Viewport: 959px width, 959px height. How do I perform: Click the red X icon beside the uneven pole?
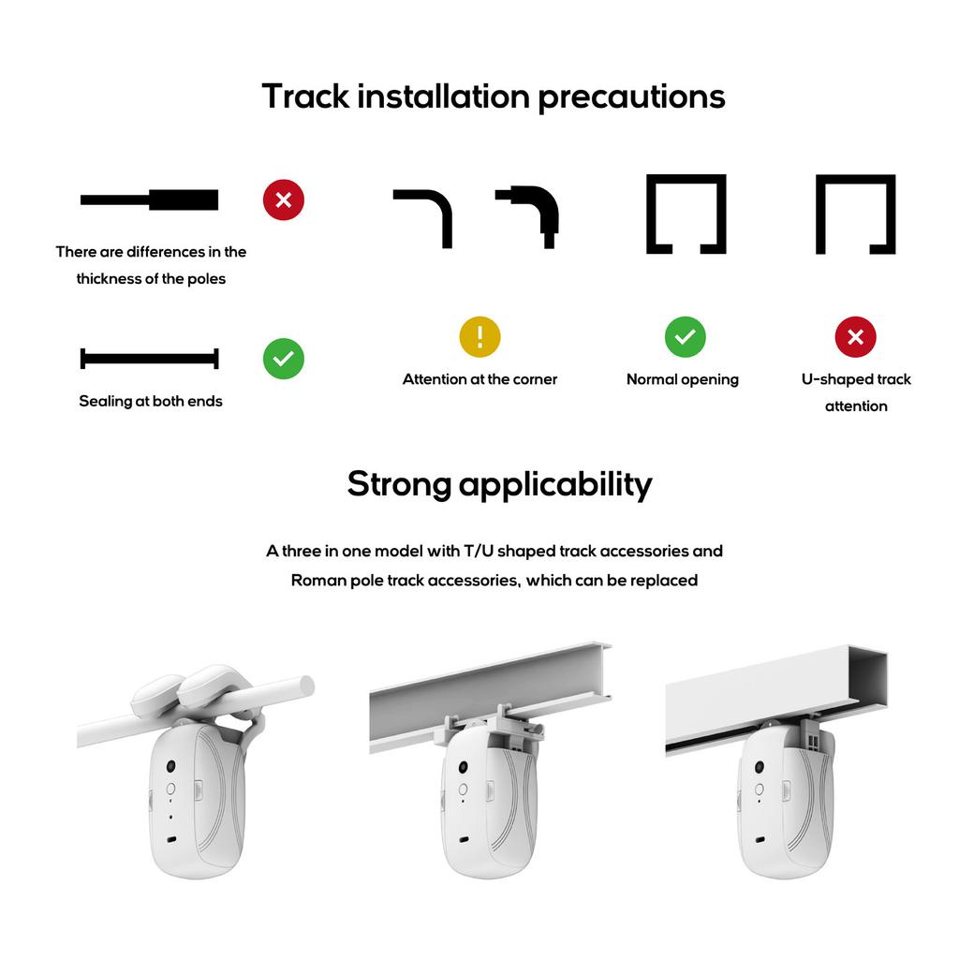tap(284, 199)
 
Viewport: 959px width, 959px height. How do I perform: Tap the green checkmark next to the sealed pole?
tap(284, 358)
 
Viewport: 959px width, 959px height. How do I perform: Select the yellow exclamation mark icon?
tap(479, 336)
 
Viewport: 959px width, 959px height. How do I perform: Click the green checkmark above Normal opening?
tap(686, 336)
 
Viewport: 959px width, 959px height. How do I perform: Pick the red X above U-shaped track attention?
tap(855, 337)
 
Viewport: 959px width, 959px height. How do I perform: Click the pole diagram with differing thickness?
tap(150, 199)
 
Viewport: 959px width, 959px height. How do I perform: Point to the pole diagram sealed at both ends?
tap(150, 358)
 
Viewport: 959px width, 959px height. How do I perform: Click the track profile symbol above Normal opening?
tap(686, 214)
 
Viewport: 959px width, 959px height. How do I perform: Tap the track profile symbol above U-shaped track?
tap(855, 214)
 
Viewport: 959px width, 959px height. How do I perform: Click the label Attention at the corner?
tap(479, 379)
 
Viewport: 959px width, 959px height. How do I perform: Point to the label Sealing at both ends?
tap(151, 401)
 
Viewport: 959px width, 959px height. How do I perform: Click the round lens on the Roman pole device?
tap(171, 766)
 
